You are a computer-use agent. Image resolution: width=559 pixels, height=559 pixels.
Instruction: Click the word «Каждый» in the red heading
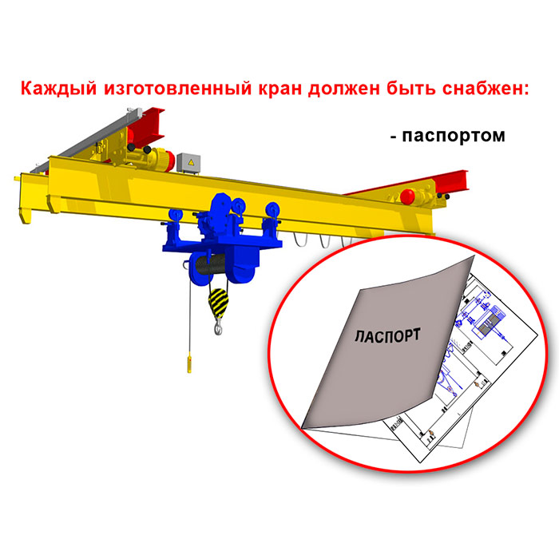(x=58, y=88)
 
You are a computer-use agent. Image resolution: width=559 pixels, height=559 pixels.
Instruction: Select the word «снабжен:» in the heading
(x=486, y=88)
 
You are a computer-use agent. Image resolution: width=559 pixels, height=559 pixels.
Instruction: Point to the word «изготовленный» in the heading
(x=178, y=89)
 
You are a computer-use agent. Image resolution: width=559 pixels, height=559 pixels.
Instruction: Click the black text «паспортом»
(x=454, y=136)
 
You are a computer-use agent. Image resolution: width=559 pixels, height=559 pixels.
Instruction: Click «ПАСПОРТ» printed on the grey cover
(x=387, y=336)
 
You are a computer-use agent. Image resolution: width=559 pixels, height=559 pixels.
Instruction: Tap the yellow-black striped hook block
(x=218, y=303)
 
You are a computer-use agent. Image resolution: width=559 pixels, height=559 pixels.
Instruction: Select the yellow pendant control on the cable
(x=189, y=362)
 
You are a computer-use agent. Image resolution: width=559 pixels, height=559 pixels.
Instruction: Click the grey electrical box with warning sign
(x=188, y=164)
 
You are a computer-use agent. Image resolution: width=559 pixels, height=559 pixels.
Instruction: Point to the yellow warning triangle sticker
(x=192, y=162)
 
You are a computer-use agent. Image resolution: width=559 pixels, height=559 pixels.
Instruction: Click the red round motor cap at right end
(x=407, y=196)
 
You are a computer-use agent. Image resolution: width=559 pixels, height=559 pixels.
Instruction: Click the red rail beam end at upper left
(x=147, y=125)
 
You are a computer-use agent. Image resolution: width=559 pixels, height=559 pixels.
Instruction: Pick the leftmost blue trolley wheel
(x=176, y=216)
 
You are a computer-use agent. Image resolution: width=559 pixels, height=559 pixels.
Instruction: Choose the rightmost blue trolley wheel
(x=273, y=210)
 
